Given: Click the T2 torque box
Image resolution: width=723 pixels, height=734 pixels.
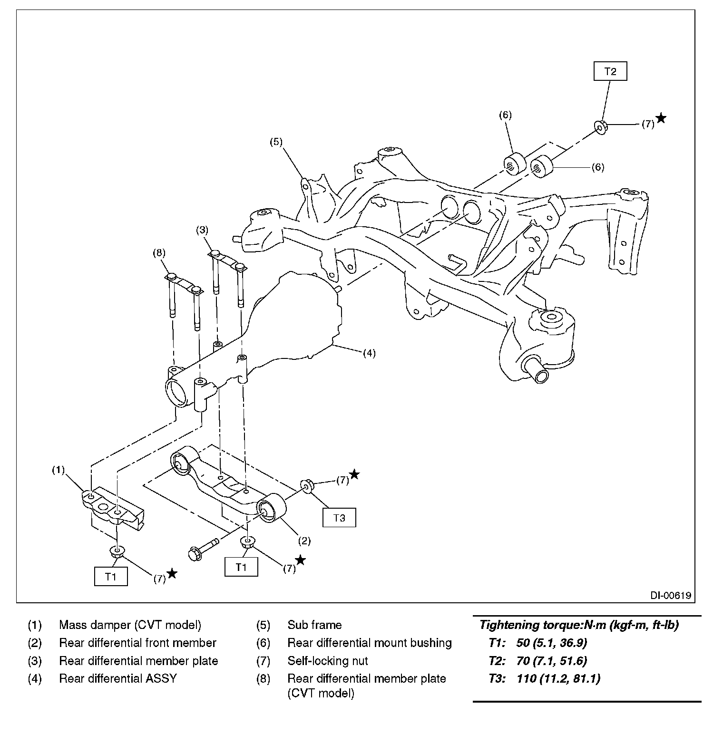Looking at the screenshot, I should pyautogui.click(x=610, y=72).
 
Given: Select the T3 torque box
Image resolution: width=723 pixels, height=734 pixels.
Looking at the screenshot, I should pyautogui.click(x=339, y=518).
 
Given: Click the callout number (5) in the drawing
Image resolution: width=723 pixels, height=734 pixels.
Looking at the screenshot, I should pyautogui.click(x=276, y=141).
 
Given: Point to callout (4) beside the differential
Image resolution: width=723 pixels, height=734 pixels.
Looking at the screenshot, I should pyautogui.click(x=369, y=353).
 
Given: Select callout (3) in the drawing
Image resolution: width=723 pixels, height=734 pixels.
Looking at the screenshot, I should pyautogui.click(x=202, y=230).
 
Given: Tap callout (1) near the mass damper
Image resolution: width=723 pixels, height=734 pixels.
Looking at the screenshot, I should pyautogui.click(x=58, y=470).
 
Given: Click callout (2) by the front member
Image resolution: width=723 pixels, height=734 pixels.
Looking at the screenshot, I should pyautogui.click(x=304, y=541).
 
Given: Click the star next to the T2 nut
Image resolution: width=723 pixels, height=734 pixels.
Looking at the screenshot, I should pyautogui.click(x=661, y=118).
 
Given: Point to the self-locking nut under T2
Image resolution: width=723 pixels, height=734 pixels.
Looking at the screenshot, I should pyautogui.click(x=601, y=127).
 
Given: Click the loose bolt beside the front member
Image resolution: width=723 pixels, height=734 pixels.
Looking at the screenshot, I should pyautogui.click(x=202, y=548).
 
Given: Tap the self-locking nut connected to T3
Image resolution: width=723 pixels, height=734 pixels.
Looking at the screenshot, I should pyautogui.click(x=307, y=486).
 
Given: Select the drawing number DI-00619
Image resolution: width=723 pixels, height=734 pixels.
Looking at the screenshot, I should pyautogui.click(x=671, y=595).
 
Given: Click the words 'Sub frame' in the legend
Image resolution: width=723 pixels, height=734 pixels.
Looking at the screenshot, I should pyautogui.click(x=314, y=625).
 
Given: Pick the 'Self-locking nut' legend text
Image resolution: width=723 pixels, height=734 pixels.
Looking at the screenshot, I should pyautogui.click(x=327, y=661).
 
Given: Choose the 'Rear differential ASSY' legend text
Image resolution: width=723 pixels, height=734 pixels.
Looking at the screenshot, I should pyautogui.click(x=117, y=678).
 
